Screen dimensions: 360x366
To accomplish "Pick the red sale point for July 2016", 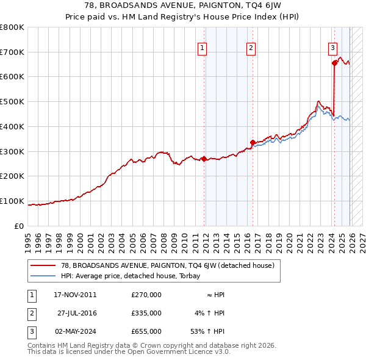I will click(252, 143).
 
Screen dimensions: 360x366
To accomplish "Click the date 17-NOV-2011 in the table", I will click(75, 295).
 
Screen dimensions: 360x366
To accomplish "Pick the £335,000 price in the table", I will click(146, 313).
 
